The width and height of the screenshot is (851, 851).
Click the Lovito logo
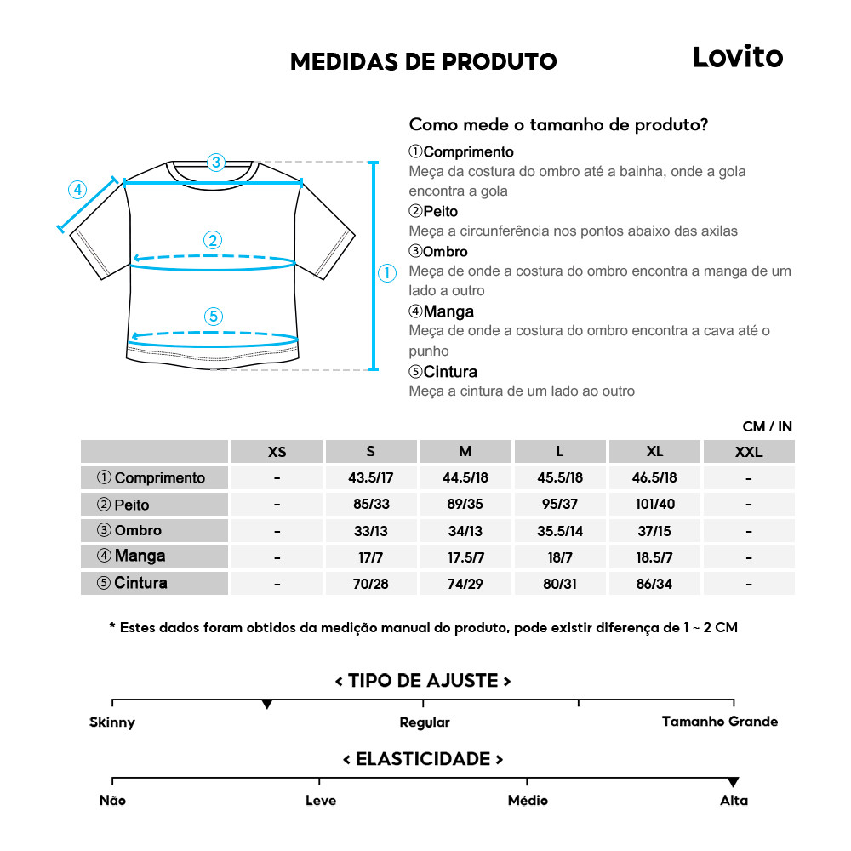(x=737, y=58)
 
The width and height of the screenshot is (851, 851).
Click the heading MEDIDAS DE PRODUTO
(x=423, y=62)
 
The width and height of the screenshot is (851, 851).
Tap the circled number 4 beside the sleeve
(x=77, y=190)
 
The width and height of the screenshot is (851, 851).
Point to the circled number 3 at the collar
(x=216, y=162)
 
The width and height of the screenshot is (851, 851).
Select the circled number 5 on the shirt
(x=214, y=317)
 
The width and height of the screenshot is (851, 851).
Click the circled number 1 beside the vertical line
(x=387, y=273)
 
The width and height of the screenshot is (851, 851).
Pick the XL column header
(x=654, y=452)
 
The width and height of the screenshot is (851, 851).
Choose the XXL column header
(x=748, y=452)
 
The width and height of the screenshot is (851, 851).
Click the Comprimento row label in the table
(x=154, y=477)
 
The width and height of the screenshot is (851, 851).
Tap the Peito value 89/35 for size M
(x=465, y=505)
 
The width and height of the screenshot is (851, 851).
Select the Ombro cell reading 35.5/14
(x=560, y=531)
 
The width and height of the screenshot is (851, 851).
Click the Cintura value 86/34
(x=654, y=584)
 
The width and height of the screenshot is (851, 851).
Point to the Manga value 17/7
(x=370, y=557)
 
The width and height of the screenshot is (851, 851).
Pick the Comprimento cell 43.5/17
(x=370, y=477)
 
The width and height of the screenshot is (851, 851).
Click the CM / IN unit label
(x=767, y=426)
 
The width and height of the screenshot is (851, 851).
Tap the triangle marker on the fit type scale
(x=267, y=705)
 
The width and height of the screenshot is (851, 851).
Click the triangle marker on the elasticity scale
(x=734, y=782)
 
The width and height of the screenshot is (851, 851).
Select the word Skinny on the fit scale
(x=112, y=722)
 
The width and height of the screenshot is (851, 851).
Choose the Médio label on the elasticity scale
(x=528, y=801)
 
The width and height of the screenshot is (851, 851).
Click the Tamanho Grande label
(x=720, y=722)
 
